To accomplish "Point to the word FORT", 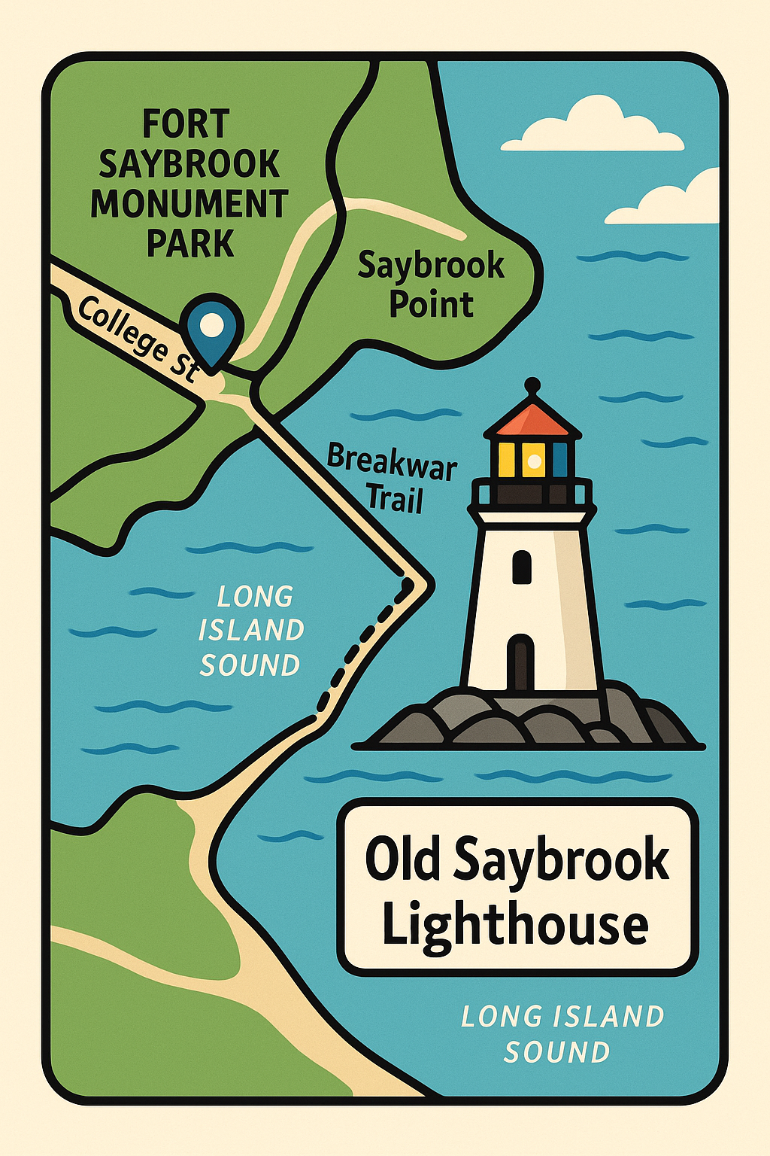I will [x=185, y=124].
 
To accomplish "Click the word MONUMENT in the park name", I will [x=189, y=204].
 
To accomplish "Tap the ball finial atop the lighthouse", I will [x=532, y=385].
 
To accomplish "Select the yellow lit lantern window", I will [x=533, y=459].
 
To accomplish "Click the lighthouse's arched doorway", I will [x=520, y=662].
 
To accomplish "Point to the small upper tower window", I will [x=521, y=567].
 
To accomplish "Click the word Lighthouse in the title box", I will [x=515, y=925].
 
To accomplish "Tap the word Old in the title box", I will [x=402, y=859].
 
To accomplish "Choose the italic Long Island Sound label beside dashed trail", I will [x=251, y=631].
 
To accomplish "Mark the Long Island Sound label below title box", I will [x=562, y=1034].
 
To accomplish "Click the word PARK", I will [x=190, y=243].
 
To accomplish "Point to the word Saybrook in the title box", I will [x=562, y=860].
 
